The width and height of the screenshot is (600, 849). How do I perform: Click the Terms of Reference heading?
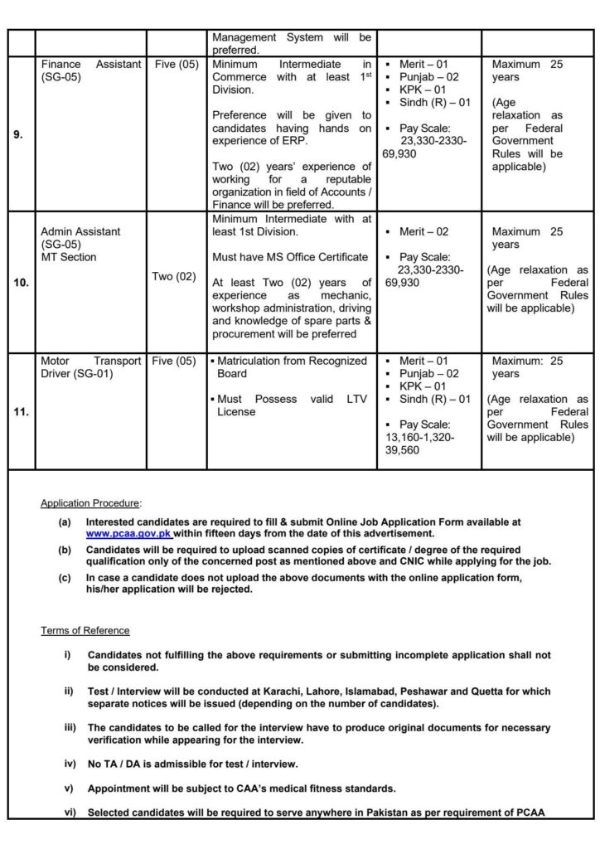click(x=85, y=631)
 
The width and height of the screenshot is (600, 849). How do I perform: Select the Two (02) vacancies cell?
click(x=175, y=276)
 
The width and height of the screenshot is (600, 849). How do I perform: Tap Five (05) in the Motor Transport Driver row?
click(x=175, y=361)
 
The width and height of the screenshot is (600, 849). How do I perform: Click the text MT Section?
click(x=68, y=257)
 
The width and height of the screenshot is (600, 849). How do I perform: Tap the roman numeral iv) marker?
click(x=69, y=763)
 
